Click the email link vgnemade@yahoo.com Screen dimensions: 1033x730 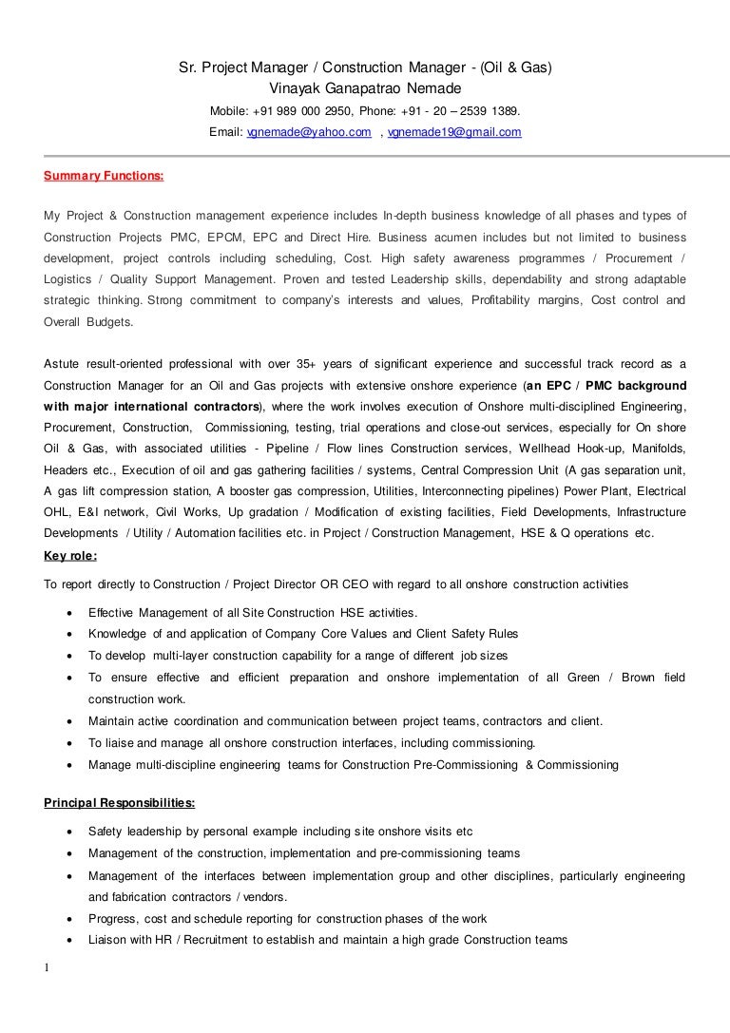(x=308, y=133)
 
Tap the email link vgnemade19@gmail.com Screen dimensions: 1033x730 (x=454, y=133)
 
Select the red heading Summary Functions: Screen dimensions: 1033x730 (x=104, y=176)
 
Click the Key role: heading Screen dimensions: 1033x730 (x=70, y=556)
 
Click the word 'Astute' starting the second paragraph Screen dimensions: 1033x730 (x=64, y=364)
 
